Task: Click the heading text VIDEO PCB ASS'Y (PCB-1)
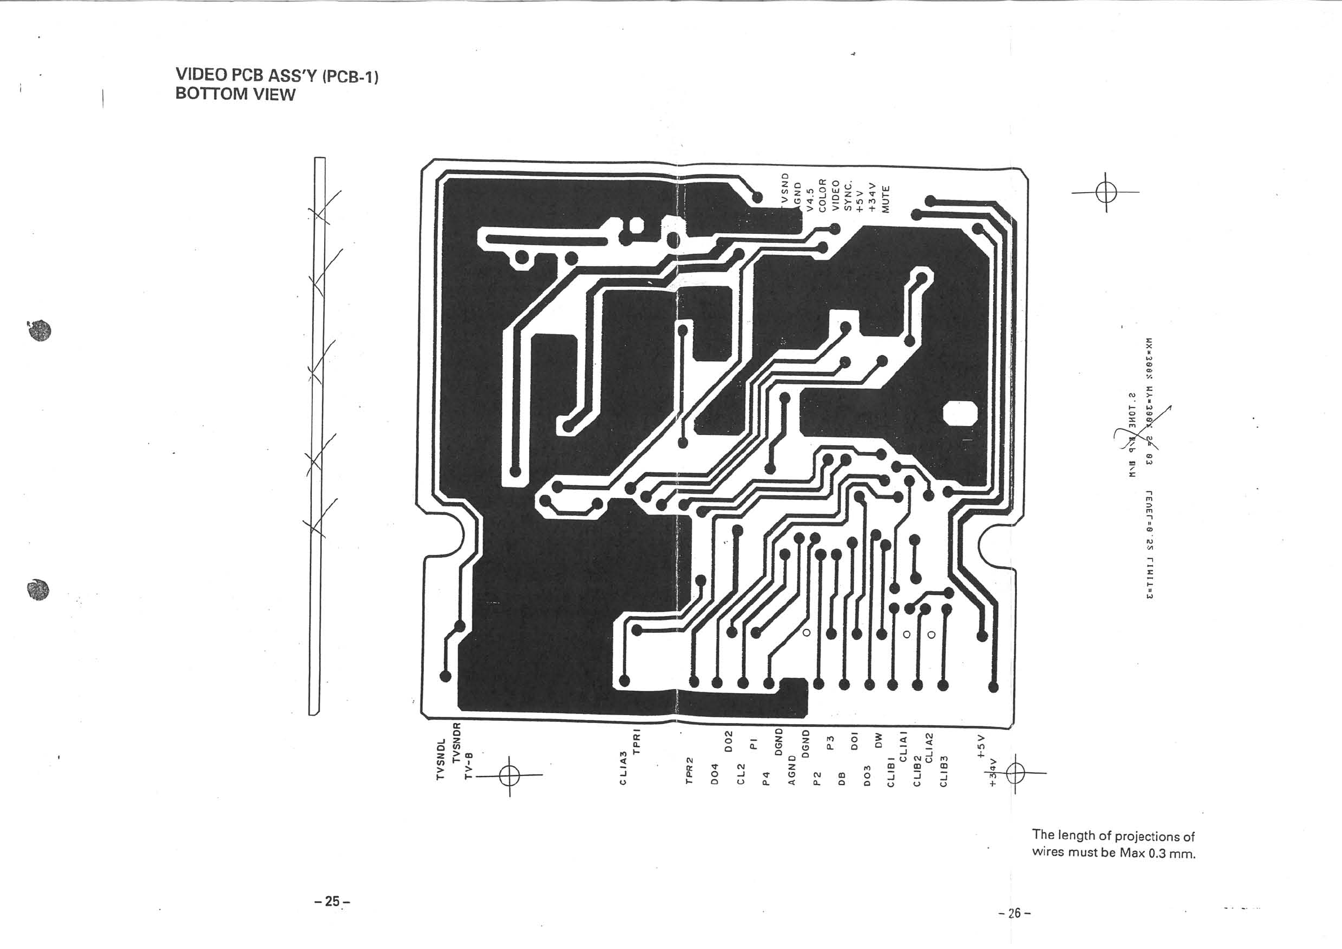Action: tap(277, 76)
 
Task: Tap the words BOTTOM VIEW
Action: tap(235, 95)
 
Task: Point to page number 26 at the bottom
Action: tap(1015, 912)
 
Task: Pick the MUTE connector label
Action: tap(885, 199)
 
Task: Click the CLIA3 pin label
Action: tap(624, 768)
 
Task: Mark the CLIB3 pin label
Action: tap(944, 771)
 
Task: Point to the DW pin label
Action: tap(878, 741)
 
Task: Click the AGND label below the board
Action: tap(792, 770)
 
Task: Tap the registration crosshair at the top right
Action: tap(1106, 192)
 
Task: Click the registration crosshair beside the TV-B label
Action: tap(510, 775)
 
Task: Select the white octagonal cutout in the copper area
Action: tap(960, 414)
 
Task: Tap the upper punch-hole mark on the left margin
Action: tap(40, 331)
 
